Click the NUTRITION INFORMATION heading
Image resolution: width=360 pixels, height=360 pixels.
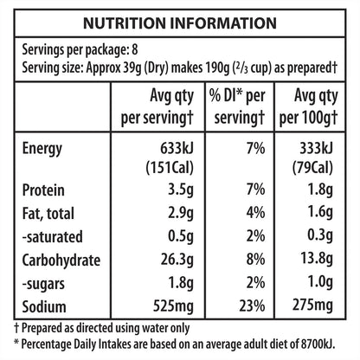(180, 23)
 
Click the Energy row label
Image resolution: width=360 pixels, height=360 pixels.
(42, 150)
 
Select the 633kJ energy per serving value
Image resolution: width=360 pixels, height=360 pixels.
(177, 148)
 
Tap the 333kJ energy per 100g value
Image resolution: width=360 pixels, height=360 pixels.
(316, 148)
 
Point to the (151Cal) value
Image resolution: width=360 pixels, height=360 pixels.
(170, 168)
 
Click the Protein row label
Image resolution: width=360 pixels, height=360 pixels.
(43, 190)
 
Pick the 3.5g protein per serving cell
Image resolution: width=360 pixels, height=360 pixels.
(181, 190)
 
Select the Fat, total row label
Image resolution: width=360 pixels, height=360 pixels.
(48, 214)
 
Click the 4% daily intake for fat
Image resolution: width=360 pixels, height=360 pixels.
(255, 213)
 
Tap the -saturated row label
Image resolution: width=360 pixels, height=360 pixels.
(53, 237)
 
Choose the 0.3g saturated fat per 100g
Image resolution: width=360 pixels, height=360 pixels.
(320, 236)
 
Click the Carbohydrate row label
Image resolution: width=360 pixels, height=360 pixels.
(61, 260)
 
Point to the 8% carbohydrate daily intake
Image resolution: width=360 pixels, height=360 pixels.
(255, 260)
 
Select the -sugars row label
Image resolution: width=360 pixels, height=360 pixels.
(43, 284)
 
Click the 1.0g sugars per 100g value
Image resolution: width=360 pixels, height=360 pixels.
(320, 283)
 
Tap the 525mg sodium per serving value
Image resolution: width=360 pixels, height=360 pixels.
(173, 306)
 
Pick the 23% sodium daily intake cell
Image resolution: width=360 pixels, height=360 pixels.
(252, 305)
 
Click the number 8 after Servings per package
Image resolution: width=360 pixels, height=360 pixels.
(135, 50)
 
